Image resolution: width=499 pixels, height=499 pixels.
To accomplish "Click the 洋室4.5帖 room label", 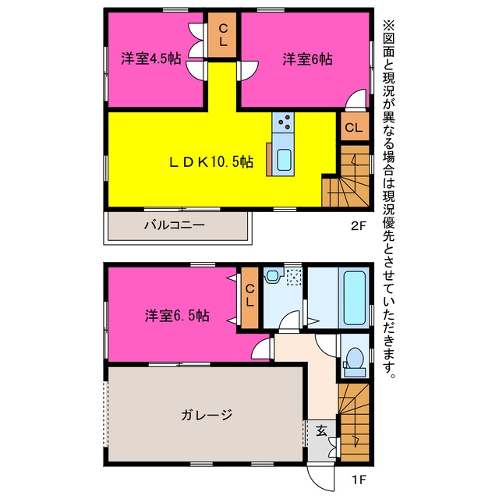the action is click(x=150, y=59).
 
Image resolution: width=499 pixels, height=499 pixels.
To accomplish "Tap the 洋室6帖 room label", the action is click(x=307, y=59).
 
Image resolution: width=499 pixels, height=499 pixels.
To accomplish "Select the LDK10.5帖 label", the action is click(x=211, y=162).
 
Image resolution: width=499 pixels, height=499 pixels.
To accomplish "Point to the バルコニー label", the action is click(x=175, y=225).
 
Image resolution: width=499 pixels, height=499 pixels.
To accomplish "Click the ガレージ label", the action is click(x=207, y=415).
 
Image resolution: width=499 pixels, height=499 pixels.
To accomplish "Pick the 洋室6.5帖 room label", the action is click(x=177, y=316).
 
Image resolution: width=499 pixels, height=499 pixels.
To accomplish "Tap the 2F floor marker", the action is click(x=359, y=226).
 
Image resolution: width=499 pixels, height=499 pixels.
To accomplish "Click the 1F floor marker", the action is click(x=359, y=480).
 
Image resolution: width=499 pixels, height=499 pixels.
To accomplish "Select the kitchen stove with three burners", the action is click(x=283, y=122).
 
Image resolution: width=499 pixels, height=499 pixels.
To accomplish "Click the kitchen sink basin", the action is click(x=284, y=160).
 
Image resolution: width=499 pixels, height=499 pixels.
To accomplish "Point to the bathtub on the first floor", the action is click(x=354, y=298).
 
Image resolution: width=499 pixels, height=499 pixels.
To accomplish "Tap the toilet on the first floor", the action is click(x=354, y=362).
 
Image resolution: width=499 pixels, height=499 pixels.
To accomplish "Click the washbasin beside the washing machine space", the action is click(x=273, y=275).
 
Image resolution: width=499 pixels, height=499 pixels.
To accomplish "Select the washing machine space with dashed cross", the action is click(x=294, y=278).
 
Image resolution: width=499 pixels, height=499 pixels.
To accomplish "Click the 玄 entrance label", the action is click(x=321, y=431).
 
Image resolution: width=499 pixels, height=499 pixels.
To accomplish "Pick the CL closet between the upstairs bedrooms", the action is click(x=223, y=35).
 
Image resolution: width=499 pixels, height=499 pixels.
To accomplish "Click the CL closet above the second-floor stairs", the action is click(x=354, y=128).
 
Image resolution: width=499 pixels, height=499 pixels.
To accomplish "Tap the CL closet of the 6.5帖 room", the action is click(x=249, y=298).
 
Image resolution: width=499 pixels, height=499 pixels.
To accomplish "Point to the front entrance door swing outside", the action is click(x=320, y=477).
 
